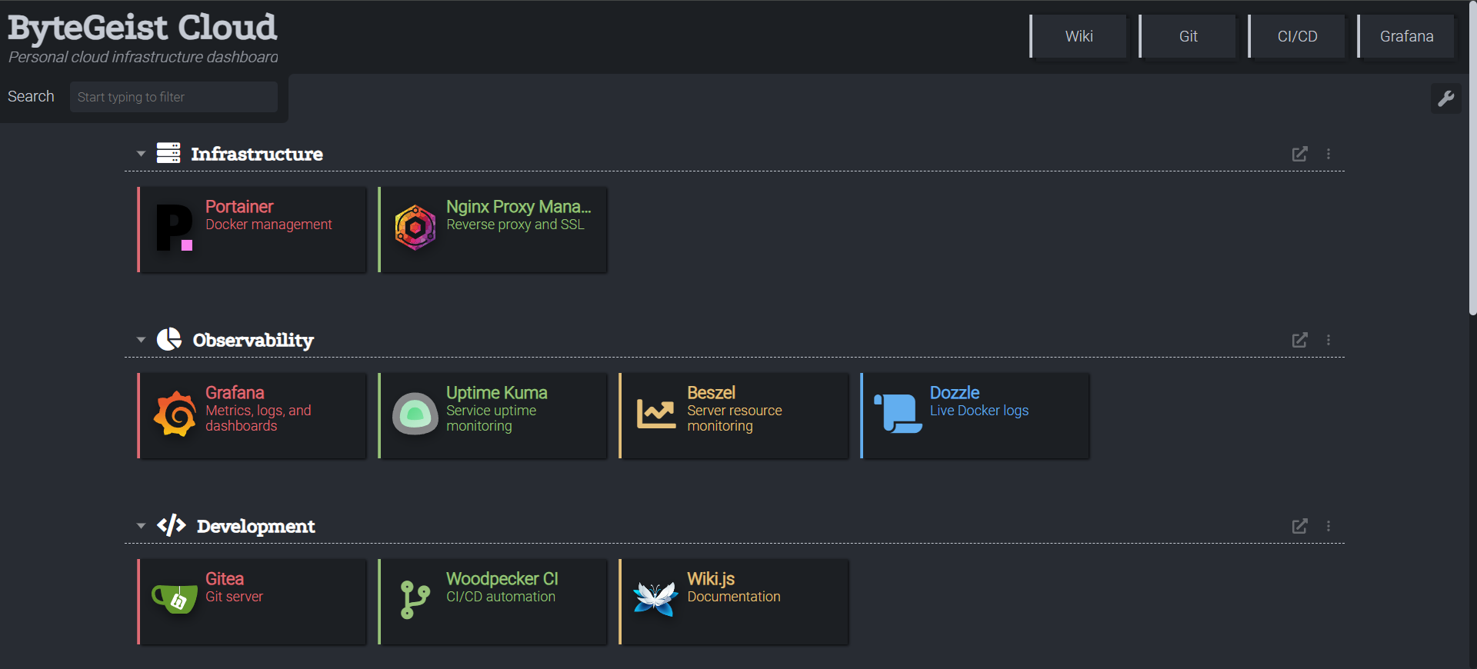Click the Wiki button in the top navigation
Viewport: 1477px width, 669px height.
pos(1079,36)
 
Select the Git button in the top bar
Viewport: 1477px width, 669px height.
pos(1188,36)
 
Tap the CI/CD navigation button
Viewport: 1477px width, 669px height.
pos(1297,36)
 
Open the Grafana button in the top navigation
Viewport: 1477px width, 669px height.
pos(1406,36)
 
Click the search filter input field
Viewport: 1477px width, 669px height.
pos(174,97)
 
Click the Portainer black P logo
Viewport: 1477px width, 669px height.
pos(175,228)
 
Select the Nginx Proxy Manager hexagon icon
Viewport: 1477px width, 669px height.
pos(415,228)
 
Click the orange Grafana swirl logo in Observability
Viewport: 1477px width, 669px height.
pos(175,414)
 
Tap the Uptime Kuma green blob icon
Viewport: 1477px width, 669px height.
pos(415,414)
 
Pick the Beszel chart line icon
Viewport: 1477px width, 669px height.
pos(656,414)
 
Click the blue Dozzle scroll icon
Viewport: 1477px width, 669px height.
pos(898,414)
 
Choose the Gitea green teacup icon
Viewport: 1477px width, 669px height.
pos(175,598)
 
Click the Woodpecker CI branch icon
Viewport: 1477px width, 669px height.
pos(415,600)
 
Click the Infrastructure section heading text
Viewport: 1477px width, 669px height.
pos(257,154)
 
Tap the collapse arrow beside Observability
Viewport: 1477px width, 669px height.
pos(141,340)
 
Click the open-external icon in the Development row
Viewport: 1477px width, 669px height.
pos(1299,526)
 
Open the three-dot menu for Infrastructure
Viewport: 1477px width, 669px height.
pos(1329,154)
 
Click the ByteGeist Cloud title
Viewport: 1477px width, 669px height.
pos(142,28)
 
